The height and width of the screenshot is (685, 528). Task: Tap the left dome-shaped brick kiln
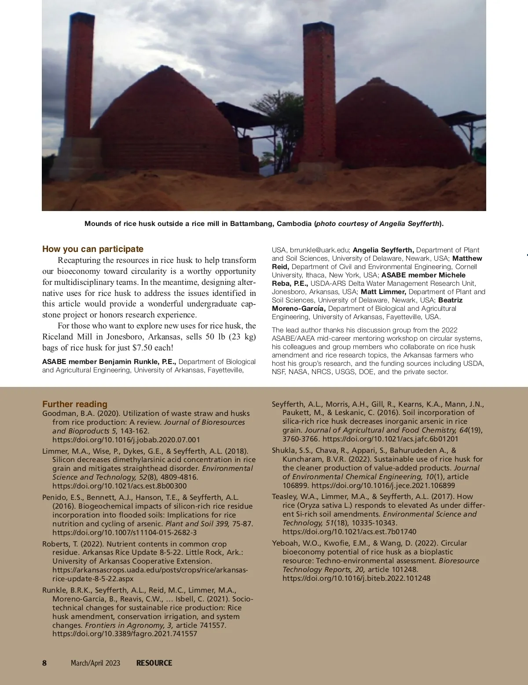[x=167, y=123]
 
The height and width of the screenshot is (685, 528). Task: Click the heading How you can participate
[x=93, y=249]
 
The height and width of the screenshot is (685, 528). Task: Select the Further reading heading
[x=75, y=404]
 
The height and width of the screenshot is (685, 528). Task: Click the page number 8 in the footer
[x=44, y=663]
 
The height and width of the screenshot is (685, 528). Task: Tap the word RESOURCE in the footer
[x=154, y=663]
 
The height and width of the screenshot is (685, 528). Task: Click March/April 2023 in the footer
[x=95, y=663]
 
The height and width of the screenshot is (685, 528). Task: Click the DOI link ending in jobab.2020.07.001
[x=126, y=440]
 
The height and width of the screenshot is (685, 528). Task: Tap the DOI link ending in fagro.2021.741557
[x=125, y=634]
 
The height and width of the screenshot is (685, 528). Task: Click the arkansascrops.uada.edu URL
[x=150, y=570]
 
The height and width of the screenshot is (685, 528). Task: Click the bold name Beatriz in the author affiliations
[x=450, y=300]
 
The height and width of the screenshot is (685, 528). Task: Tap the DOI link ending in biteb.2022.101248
[x=356, y=578]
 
